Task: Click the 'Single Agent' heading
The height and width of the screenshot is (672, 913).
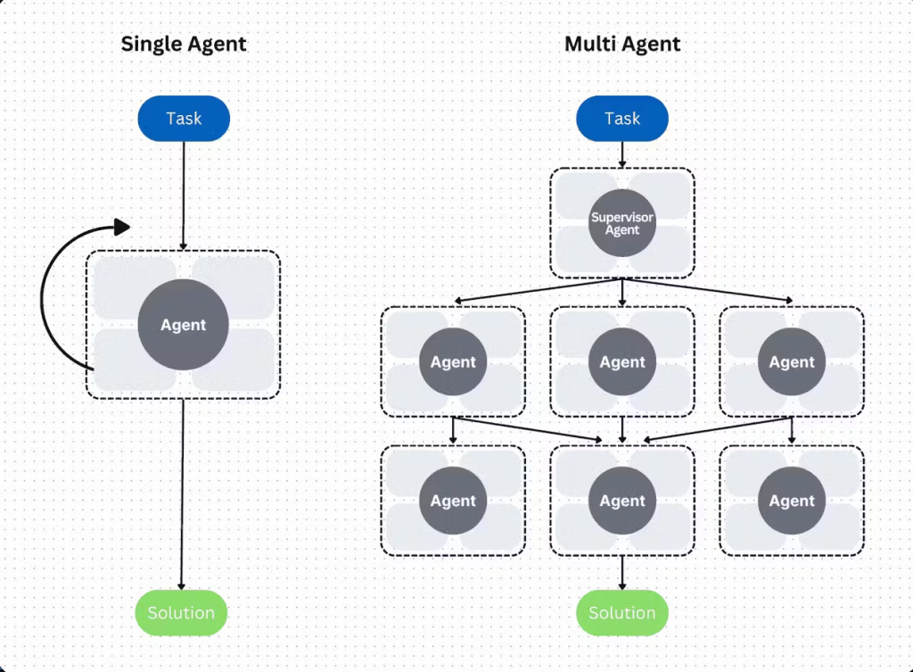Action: [184, 44]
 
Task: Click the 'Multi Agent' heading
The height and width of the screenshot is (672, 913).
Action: [622, 44]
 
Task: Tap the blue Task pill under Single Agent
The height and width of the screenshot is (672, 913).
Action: [184, 119]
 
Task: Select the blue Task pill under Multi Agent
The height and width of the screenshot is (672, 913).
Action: [622, 119]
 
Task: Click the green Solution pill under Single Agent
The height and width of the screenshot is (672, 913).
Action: [182, 613]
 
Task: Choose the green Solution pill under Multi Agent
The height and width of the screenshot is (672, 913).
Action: [622, 613]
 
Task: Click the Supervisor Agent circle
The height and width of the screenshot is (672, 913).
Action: [622, 224]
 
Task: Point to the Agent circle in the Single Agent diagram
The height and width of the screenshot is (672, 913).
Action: [184, 325]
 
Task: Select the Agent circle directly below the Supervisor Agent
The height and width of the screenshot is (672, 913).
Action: [622, 362]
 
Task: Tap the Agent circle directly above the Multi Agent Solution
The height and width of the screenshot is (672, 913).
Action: [622, 502]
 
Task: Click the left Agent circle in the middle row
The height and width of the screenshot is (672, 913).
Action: [453, 362]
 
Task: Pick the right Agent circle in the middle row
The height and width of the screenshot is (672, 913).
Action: [792, 362]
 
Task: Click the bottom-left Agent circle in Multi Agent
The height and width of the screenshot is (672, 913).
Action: [453, 502]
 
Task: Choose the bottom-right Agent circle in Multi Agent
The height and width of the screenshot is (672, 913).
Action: [792, 502]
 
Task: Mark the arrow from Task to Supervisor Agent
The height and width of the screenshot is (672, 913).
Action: [622, 154]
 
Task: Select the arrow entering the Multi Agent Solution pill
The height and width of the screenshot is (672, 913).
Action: [622, 573]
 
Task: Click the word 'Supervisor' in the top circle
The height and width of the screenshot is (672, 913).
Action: [622, 218]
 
